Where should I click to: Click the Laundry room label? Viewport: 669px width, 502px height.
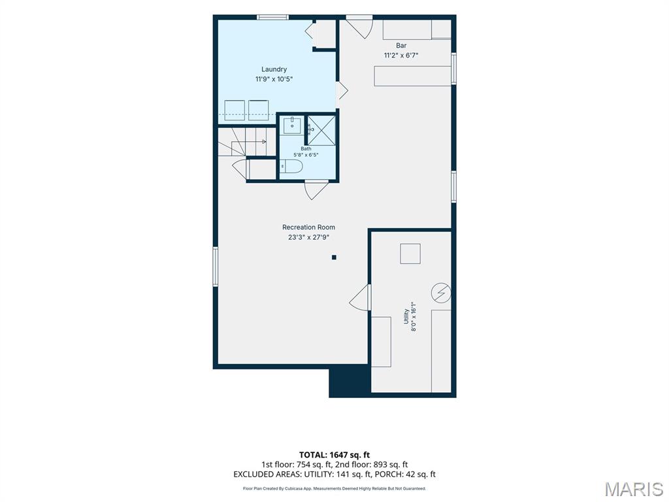tap(274, 69)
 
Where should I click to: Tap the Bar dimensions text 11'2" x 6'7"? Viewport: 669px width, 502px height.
tap(401, 55)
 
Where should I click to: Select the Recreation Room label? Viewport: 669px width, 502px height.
tap(308, 227)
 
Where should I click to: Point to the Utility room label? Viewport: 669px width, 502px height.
tap(406, 316)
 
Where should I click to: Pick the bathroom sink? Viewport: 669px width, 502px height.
tap(292, 125)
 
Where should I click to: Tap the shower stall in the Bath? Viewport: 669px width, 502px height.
tap(321, 130)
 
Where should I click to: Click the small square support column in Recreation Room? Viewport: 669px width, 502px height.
tap(334, 258)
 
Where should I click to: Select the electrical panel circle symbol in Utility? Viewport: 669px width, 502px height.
tap(441, 293)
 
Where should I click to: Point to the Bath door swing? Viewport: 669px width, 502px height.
tap(316, 190)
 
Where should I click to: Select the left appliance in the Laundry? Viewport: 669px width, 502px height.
tap(235, 110)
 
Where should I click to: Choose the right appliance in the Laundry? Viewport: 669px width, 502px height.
tap(259, 110)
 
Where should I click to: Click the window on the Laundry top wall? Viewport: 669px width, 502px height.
tap(272, 17)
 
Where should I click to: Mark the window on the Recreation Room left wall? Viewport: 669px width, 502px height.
tap(216, 267)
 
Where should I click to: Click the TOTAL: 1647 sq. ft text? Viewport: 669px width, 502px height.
tap(334, 455)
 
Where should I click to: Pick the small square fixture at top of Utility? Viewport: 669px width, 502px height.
tap(410, 254)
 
